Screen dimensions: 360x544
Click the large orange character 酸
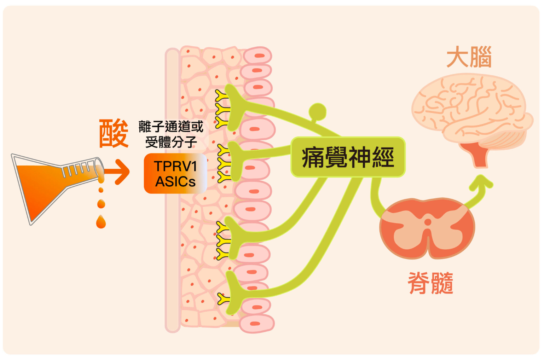click(x=114, y=133)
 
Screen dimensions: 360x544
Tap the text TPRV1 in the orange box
click(x=175, y=166)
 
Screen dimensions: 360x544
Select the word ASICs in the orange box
click(x=175, y=182)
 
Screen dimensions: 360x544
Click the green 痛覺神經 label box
click(x=348, y=157)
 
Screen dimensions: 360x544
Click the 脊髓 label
click(x=430, y=283)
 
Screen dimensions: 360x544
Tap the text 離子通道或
click(x=171, y=126)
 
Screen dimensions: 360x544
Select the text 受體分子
click(x=171, y=142)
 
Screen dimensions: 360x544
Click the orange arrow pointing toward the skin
click(x=118, y=172)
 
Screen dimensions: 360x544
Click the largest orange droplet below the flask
click(x=101, y=222)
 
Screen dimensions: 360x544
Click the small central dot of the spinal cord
click(x=428, y=222)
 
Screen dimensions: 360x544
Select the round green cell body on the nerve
click(x=317, y=111)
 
